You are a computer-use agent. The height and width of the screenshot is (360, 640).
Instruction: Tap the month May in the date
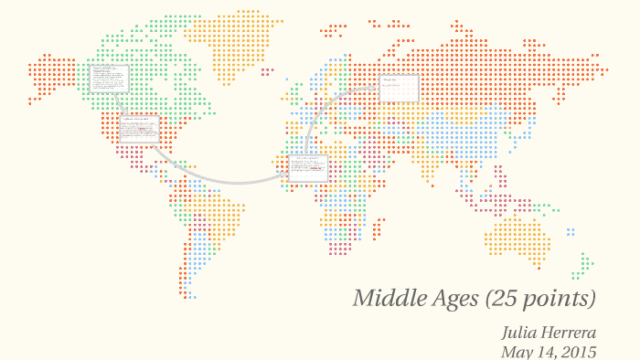coord(517,352)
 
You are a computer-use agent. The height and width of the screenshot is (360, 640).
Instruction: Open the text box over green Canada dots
coord(109,78)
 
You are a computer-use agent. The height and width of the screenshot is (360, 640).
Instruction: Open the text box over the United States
coord(139,127)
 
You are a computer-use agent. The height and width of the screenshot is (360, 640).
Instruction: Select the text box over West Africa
coord(308,168)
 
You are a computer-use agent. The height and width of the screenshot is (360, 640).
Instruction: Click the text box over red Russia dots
coord(400,89)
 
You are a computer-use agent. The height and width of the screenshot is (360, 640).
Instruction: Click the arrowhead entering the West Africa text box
coord(290,175)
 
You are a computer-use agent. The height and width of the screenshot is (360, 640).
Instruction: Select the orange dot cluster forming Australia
coord(517,236)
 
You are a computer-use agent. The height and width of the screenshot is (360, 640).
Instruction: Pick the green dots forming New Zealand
coord(581,266)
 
